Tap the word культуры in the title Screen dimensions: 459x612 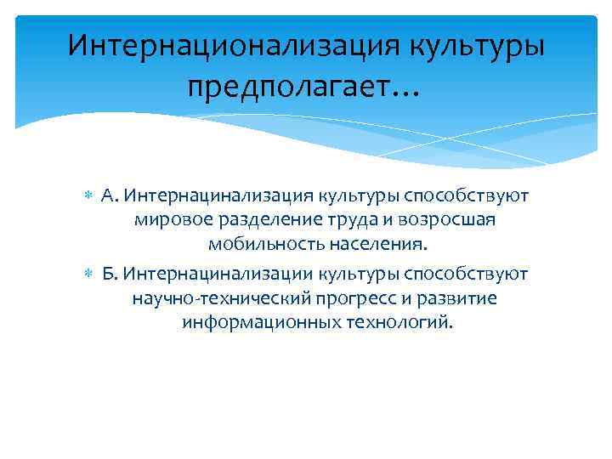pyautogui.click(x=474, y=44)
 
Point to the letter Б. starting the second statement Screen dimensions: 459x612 pyautogui.click(x=109, y=274)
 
